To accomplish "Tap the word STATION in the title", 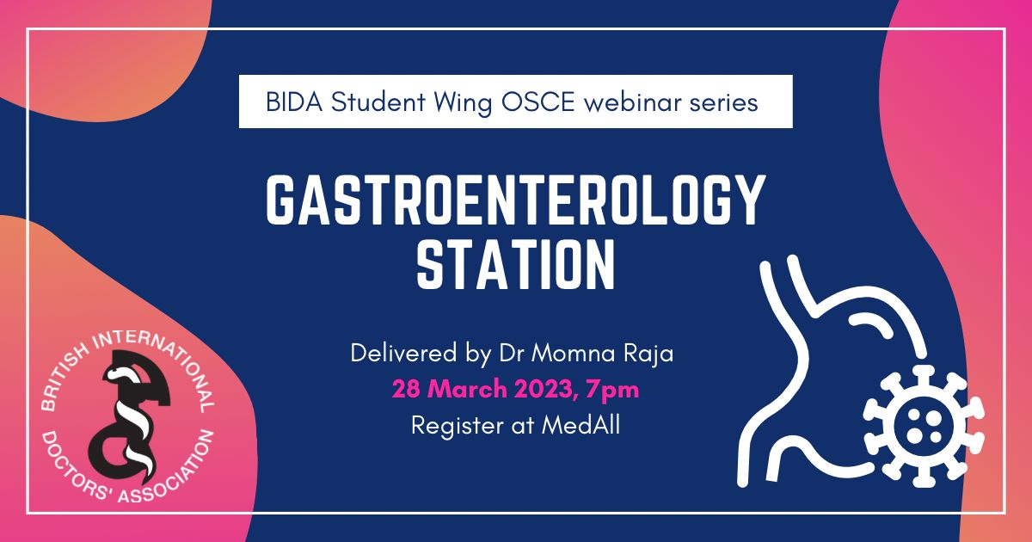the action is pyautogui.click(x=516, y=264).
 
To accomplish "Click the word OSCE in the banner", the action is pyautogui.click(x=538, y=102).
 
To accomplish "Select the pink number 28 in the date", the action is pyautogui.click(x=406, y=389).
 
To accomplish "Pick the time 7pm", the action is pyautogui.click(x=612, y=391).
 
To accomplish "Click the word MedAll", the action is pyautogui.click(x=580, y=425).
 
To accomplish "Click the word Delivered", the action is pyautogui.click(x=403, y=354).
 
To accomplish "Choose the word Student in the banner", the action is pyautogui.click(x=378, y=102).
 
